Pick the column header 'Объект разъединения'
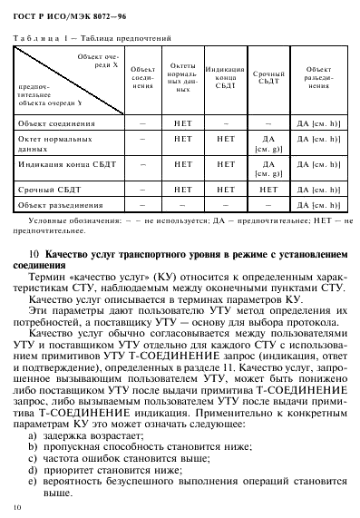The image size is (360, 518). [317, 75]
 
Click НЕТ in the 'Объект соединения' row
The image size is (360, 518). [182, 121]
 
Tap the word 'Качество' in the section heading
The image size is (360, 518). [70, 252]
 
